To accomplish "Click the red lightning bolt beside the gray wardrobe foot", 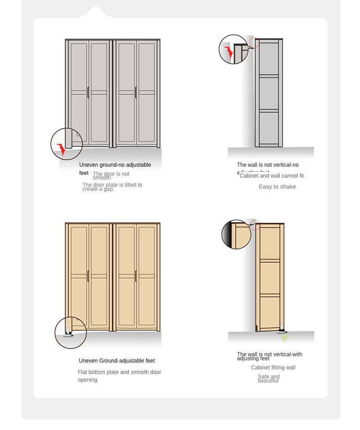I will click(x=61, y=149).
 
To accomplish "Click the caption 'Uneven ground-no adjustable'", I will click(x=115, y=165).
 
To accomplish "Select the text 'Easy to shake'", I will click(x=277, y=187).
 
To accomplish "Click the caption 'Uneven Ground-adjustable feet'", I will click(x=117, y=361).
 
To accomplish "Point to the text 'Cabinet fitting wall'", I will click(x=273, y=368).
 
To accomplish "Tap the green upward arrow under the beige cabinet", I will click(x=284, y=338).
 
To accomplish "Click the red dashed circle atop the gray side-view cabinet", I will click(x=254, y=43).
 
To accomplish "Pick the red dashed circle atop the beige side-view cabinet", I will click(x=255, y=225).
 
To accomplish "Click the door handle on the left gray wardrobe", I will click(x=88, y=92).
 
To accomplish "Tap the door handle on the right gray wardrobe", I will click(x=135, y=92).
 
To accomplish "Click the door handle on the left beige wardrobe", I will click(x=88, y=276).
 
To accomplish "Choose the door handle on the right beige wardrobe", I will click(x=135, y=276).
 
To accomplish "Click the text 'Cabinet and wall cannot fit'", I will click(x=272, y=176).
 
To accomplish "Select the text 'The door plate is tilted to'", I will click(x=112, y=184).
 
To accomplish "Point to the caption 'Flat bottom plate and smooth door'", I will click(x=119, y=372).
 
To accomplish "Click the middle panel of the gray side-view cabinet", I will click(x=269, y=93).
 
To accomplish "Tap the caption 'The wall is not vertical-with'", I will click(x=269, y=354).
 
